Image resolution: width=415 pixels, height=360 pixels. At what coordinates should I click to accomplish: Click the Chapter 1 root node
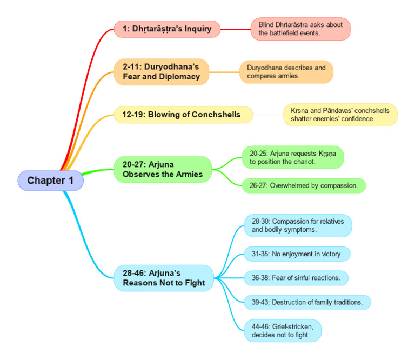pyautogui.click(x=50, y=181)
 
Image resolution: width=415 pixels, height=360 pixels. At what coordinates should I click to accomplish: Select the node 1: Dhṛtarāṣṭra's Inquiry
pyautogui.click(x=167, y=29)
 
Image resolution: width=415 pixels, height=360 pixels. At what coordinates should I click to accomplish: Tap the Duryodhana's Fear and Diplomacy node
pyautogui.click(x=161, y=72)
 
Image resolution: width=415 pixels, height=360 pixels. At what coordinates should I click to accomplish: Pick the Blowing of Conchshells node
pyautogui.click(x=183, y=115)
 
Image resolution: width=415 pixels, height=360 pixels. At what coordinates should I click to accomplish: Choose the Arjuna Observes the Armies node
pyautogui.click(x=163, y=169)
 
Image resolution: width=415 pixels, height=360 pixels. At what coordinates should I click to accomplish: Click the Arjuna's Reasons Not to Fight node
pyautogui.click(x=163, y=278)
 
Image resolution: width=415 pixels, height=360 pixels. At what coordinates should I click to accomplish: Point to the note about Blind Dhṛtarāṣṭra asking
pyautogui.click(x=300, y=29)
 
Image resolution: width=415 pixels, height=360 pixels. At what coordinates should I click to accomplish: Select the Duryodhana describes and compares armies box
pyautogui.click(x=286, y=72)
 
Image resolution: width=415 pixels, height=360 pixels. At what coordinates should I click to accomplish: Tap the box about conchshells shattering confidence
pyautogui.click(x=340, y=115)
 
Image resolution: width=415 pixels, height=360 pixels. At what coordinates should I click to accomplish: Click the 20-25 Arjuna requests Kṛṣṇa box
pyautogui.click(x=292, y=157)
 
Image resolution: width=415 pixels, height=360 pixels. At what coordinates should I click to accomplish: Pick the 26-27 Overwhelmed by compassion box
pyautogui.click(x=303, y=185)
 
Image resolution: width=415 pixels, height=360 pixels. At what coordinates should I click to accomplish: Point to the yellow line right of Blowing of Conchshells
pyautogui.click(x=268, y=115)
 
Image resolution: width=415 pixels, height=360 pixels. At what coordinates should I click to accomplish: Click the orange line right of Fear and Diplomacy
pyautogui.click(x=224, y=72)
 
